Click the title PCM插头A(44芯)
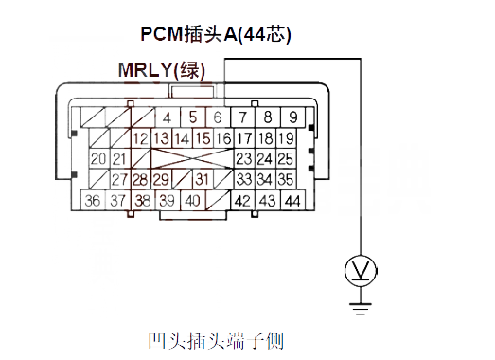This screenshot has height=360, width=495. point(216,34)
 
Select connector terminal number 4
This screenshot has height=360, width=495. point(167,118)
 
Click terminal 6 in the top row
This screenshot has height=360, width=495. point(217,118)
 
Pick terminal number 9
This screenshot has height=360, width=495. point(293,118)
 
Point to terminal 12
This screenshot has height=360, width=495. point(142,138)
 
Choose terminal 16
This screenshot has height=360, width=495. point(223,138)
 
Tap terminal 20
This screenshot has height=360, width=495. point(98,158)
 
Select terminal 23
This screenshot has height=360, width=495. point(244,158)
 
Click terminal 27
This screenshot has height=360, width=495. point(119,179)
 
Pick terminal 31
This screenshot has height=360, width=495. point(202,179)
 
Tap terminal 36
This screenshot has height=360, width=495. point(92,201)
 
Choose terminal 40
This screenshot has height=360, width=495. point(191,201)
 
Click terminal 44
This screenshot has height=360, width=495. point(292,201)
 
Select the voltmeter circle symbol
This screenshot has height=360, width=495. point(360,273)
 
